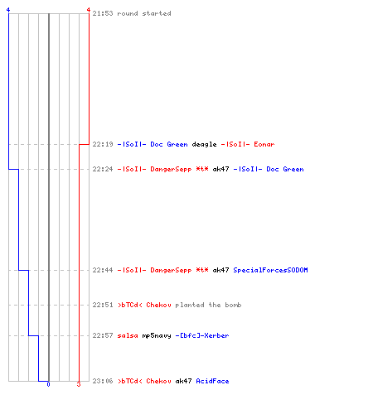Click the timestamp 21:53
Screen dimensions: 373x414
click(x=103, y=13)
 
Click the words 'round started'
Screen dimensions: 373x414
click(x=144, y=13)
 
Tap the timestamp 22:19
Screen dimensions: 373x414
click(x=103, y=144)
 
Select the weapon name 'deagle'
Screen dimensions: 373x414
click(x=204, y=144)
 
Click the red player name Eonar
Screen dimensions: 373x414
click(x=264, y=144)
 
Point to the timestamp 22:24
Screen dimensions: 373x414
click(x=103, y=169)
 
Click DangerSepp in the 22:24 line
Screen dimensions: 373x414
click(x=171, y=169)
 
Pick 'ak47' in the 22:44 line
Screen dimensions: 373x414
click(x=220, y=270)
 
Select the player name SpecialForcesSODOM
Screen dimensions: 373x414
click(x=270, y=270)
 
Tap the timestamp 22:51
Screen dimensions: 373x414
click(x=103, y=305)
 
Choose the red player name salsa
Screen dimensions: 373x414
click(x=128, y=335)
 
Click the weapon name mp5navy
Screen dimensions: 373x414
click(x=157, y=336)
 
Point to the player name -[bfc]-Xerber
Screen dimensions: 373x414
click(x=202, y=335)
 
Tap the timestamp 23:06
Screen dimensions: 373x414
click(x=103, y=381)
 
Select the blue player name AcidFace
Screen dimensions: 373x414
click(x=212, y=381)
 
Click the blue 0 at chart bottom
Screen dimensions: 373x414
click(x=48, y=384)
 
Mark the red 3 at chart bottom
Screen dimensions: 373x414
click(x=79, y=384)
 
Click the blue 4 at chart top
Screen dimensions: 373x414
click(x=8, y=10)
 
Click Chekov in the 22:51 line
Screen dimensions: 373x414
click(x=158, y=305)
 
